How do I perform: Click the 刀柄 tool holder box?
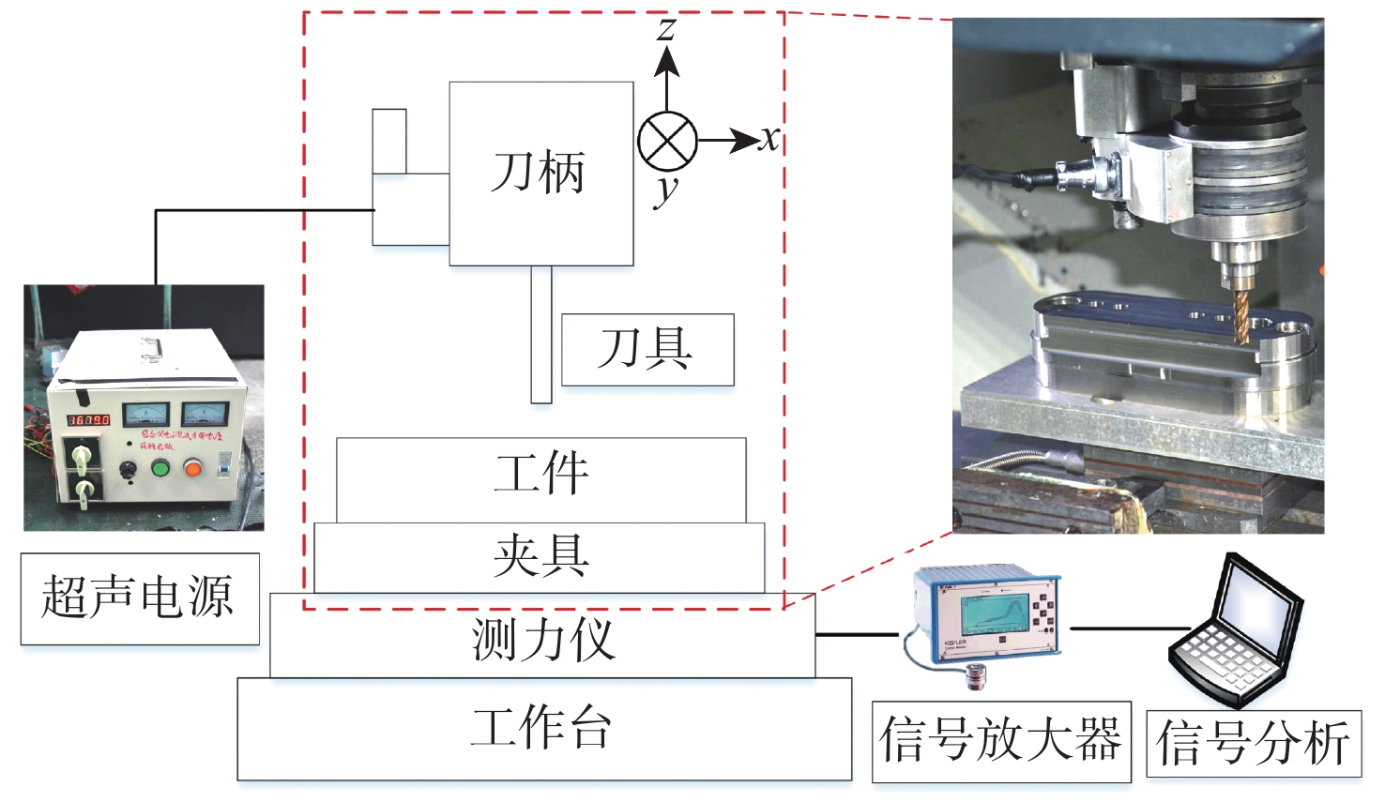coord(540,174)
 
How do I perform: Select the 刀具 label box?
coord(647,349)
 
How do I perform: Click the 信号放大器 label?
coord(1000,741)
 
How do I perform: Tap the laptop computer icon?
coord(1237,631)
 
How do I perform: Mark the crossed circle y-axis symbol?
coord(667,142)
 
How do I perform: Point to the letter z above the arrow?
coord(666,28)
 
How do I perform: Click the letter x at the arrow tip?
coord(770,140)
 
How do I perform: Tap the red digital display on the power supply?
coord(88,419)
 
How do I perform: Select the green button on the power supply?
coord(160,466)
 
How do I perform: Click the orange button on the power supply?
coord(193,466)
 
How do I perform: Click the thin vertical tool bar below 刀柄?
coord(541,335)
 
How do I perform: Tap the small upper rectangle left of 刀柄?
coord(389,141)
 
